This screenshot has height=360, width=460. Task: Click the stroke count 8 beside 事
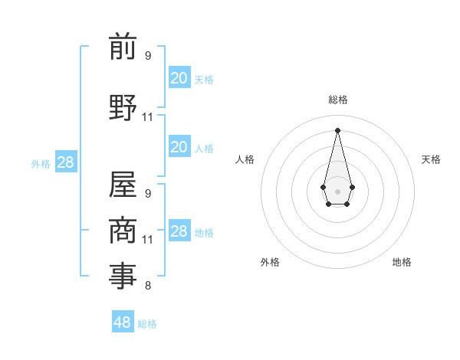[x=148, y=286]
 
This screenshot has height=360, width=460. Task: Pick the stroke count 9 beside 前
[x=148, y=56]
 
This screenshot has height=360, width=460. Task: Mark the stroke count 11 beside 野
[x=148, y=117]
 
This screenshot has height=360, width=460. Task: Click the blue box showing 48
[x=123, y=322]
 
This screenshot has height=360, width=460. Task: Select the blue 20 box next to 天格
[x=179, y=78]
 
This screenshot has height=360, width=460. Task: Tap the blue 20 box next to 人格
[x=179, y=147]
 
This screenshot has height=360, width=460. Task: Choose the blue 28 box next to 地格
[x=179, y=231]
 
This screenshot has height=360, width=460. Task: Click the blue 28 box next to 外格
[x=65, y=162]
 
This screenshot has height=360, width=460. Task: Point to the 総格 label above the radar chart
[x=338, y=100]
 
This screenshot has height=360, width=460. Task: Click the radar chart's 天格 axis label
[x=432, y=159]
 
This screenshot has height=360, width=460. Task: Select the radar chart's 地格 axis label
[x=402, y=262]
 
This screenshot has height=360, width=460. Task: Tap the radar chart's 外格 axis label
[x=270, y=262]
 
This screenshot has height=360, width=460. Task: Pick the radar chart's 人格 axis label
[x=245, y=159]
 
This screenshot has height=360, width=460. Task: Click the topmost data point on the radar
[x=337, y=129]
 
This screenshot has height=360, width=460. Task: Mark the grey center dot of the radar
[x=337, y=190]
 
